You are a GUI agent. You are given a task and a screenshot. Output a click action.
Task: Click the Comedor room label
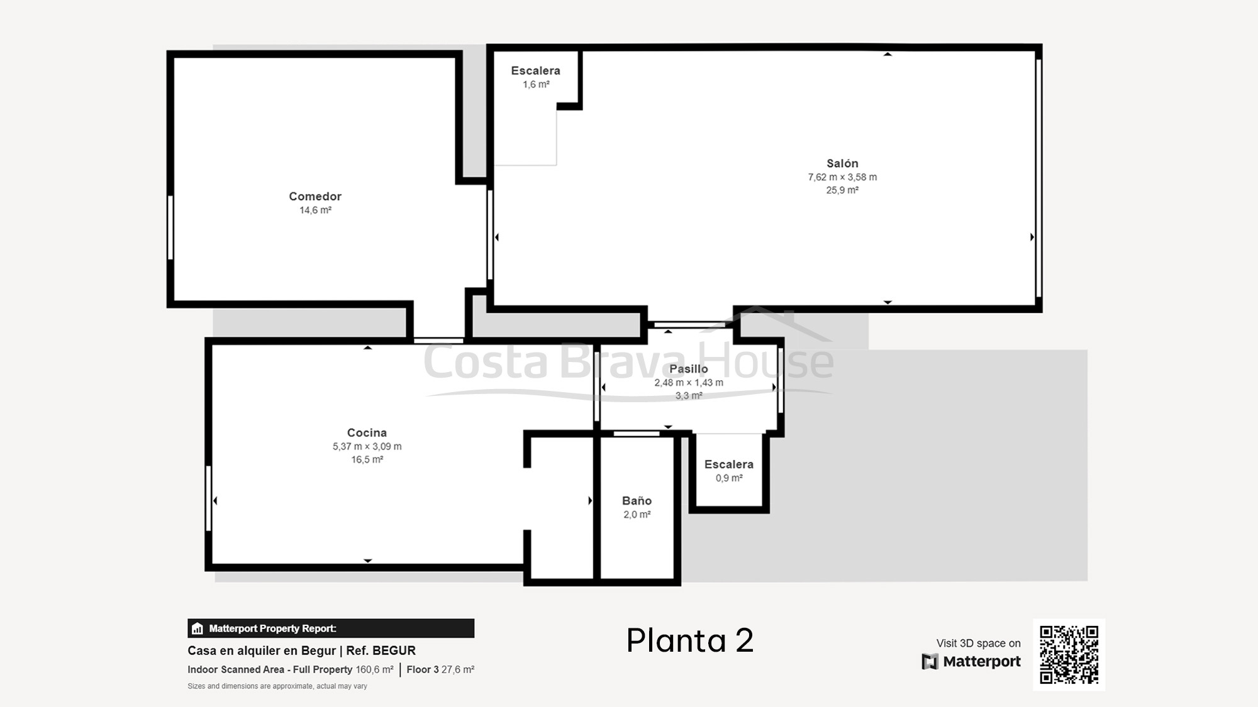pos(315,196)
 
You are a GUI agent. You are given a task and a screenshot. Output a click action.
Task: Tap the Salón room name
pos(842,163)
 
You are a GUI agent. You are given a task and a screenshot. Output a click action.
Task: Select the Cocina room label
pos(367,432)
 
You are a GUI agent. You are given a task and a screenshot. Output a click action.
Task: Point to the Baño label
pos(637,500)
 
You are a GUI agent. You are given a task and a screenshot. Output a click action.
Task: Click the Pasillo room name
pos(688,369)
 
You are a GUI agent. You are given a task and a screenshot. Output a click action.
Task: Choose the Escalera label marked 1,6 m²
pos(535,71)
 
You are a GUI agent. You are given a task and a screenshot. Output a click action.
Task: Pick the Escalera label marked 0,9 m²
pos(728,464)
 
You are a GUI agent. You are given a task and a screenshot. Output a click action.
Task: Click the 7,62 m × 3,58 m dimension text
pos(842,177)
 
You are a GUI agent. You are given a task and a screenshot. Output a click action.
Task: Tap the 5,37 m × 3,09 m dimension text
pos(367,446)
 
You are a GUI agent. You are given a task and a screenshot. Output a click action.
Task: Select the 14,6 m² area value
pos(315,210)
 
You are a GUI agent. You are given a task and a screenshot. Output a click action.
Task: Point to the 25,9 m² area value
pos(842,190)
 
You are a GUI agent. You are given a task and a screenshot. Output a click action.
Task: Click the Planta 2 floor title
pos(689,640)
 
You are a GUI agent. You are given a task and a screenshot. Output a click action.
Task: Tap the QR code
pos(1069,654)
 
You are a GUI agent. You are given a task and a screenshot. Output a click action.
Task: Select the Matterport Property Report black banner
pos(331,628)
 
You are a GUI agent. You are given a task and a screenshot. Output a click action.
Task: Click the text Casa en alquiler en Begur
pos(262,650)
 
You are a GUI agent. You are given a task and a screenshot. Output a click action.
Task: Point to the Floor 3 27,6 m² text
pos(440,670)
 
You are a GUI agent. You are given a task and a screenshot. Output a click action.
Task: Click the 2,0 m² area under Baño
pos(637,514)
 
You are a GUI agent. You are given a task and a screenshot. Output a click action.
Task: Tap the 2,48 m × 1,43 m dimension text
pos(688,382)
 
